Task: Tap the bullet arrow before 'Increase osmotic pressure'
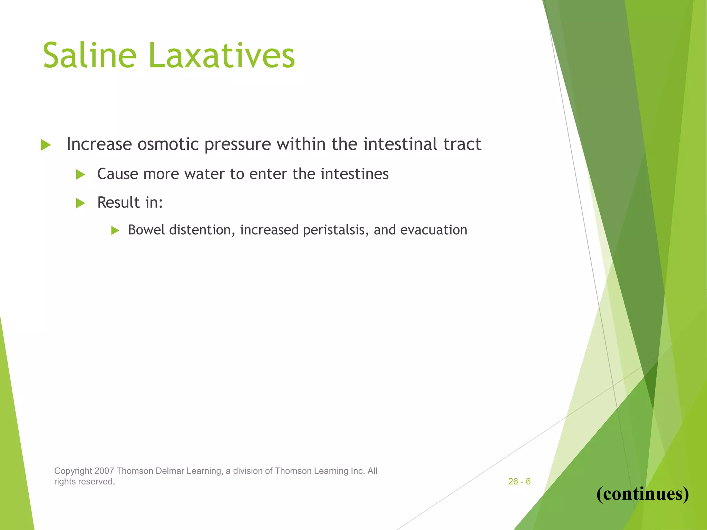pos(46,145)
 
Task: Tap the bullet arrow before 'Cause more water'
pos(80,175)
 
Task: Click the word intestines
pos(354,174)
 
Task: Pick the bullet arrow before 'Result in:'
pos(80,203)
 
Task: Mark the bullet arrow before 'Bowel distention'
pos(115,230)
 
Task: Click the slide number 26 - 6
pos(519,481)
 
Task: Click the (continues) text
pos(642,493)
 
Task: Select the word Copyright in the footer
pos(73,471)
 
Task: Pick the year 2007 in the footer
pos(104,471)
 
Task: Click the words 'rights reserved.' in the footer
pos(84,482)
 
